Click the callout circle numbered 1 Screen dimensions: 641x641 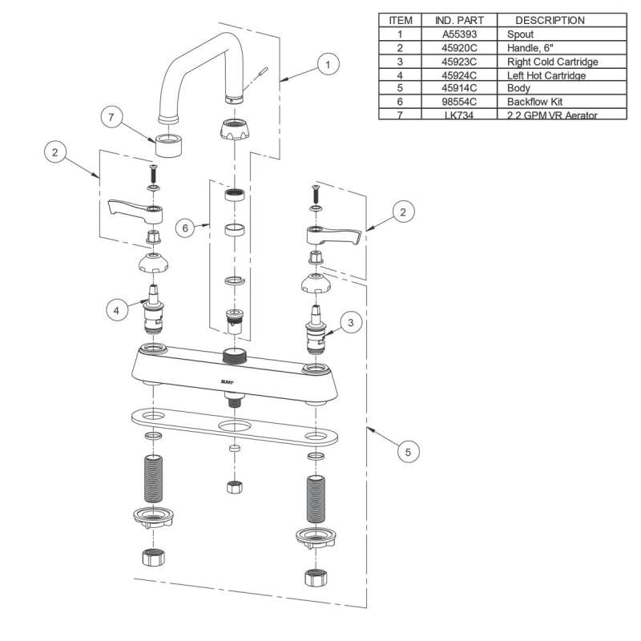coord(326,63)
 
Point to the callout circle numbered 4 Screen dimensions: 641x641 coord(118,308)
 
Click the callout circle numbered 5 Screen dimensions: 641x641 coord(408,453)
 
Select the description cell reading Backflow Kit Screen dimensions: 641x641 coord(530,102)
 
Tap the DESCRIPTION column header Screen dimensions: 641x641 coord(550,21)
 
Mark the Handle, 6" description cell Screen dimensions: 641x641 coord(528,48)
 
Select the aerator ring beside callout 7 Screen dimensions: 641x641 coord(170,146)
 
